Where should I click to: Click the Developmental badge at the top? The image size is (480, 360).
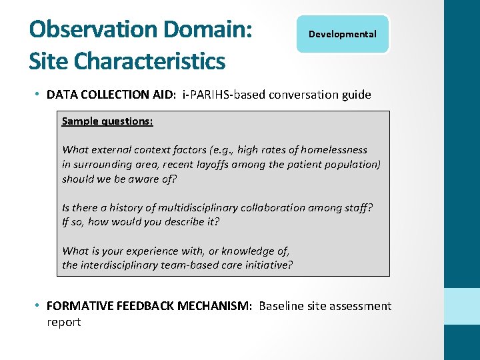tap(343, 34)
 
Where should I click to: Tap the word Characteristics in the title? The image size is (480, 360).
tap(149, 61)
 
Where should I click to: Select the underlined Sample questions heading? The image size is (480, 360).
tap(107, 121)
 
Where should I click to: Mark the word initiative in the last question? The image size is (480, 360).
tap(268, 265)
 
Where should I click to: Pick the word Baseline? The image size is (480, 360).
tap(281, 306)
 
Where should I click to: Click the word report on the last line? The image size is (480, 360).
tap(63, 322)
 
